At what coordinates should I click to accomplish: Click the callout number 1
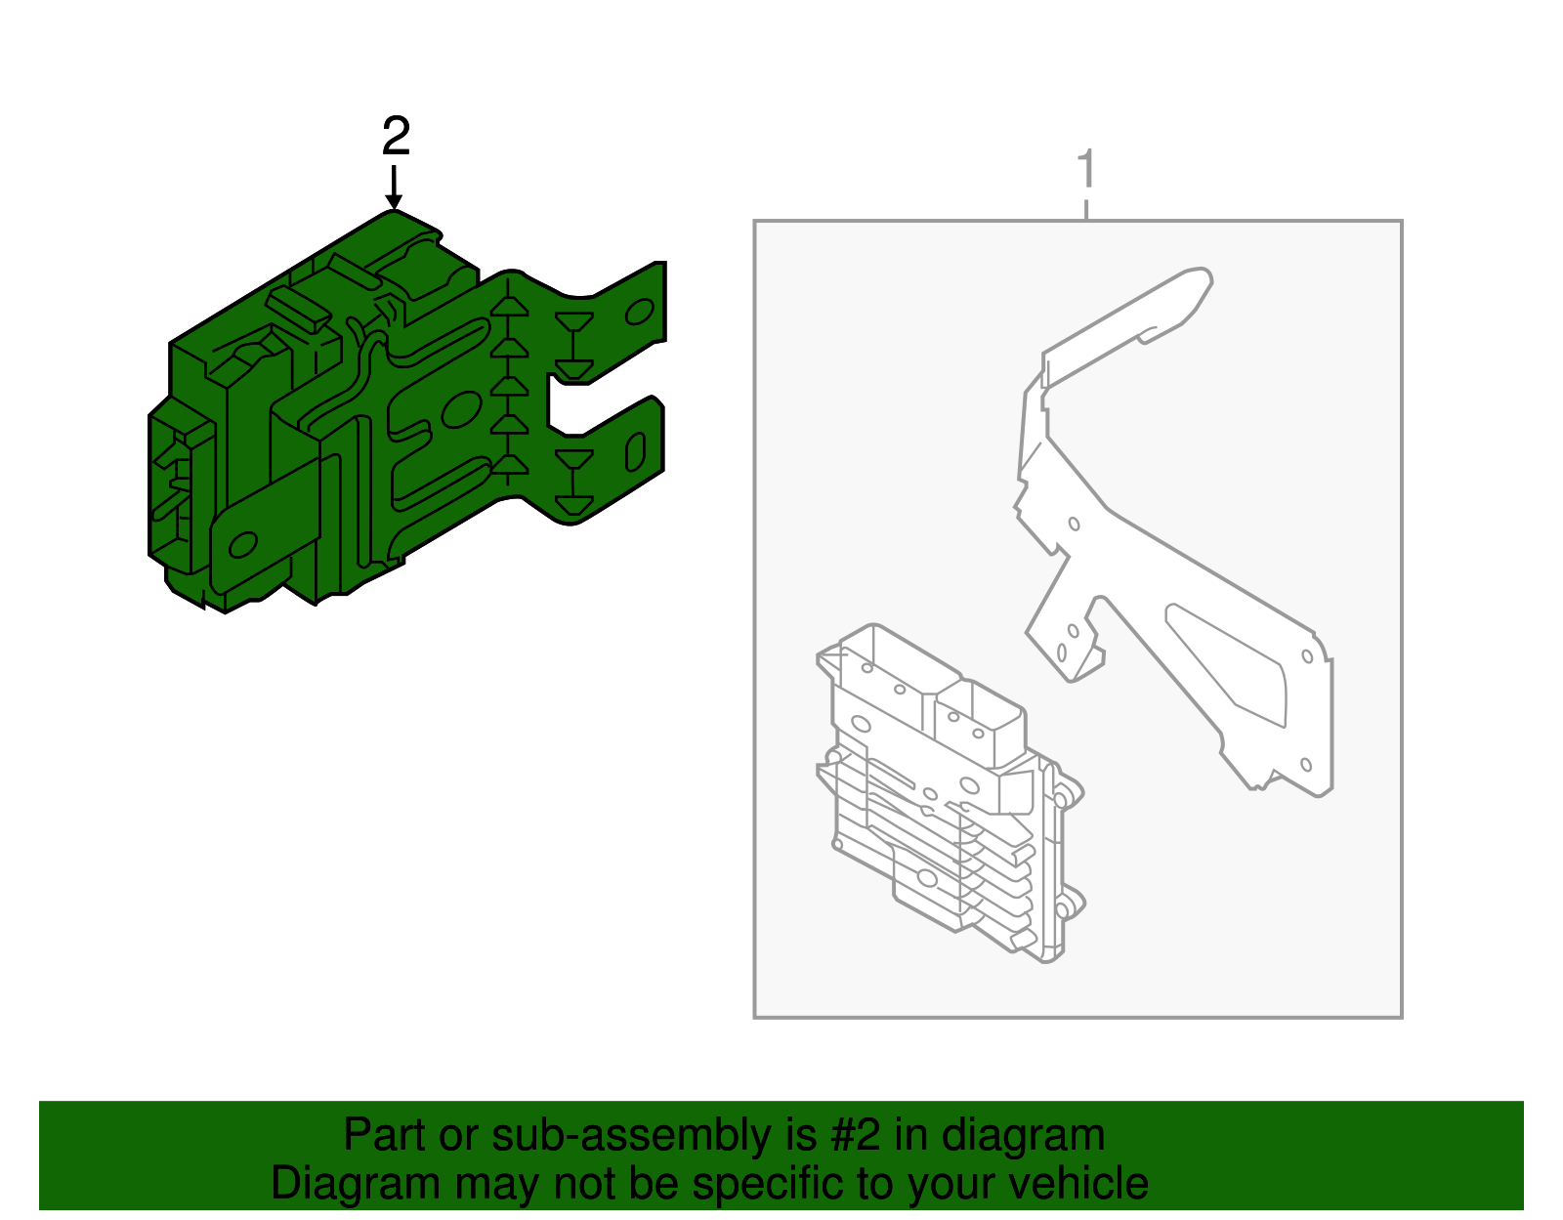click(1086, 168)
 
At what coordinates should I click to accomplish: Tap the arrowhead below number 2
click(394, 201)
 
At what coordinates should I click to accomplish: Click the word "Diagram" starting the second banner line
click(356, 1183)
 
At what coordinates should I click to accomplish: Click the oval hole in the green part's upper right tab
click(640, 312)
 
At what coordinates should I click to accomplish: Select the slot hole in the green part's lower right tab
click(635, 452)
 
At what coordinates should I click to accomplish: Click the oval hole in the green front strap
click(243, 545)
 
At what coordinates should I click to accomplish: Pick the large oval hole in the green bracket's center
click(461, 410)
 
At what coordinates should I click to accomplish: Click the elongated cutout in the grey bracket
click(1226, 664)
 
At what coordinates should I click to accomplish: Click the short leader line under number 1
click(1086, 209)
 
